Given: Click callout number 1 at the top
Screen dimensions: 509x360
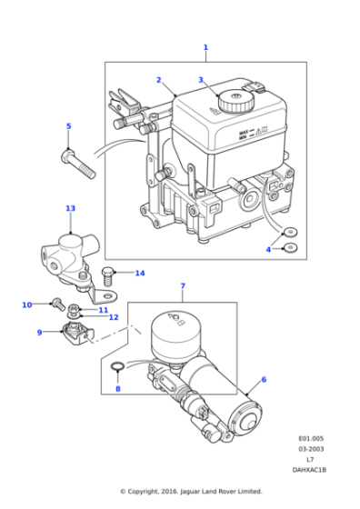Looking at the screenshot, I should click(x=205, y=47).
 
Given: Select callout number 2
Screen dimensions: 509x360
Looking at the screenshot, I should click(x=158, y=80).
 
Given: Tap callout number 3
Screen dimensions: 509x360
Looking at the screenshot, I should click(x=201, y=80).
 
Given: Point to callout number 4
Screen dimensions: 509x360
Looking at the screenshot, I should click(x=269, y=249).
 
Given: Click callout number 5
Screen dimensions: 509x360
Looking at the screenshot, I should click(x=67, y=126).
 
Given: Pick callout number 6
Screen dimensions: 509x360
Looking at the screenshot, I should click(x=264, y=380).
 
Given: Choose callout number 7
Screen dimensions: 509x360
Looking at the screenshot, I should click(x=182, y=286).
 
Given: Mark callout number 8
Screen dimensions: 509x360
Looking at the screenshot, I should click(x=116, y=389).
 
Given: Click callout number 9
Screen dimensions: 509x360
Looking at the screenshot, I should click(x=39, y=333).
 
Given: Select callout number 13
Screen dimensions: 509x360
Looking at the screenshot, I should click(x=71, y=208).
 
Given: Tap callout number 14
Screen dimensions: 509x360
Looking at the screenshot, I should click(x=139, y=273).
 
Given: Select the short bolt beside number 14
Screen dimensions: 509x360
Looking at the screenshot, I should click(x=108, y=272).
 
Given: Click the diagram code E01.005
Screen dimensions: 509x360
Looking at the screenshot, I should click(x=311, y=436).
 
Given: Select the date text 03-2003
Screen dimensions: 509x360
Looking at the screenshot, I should click(x=311, y=448).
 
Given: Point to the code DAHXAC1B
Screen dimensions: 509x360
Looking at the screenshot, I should click(x=309, y=470).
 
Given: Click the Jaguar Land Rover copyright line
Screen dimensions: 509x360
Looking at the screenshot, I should click(x=191, y=492).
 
